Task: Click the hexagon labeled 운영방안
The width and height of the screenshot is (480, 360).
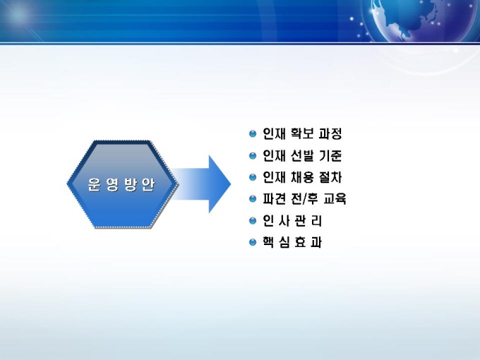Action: tap(122, 184)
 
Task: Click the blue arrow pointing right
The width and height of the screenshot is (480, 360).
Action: tap(200, 184)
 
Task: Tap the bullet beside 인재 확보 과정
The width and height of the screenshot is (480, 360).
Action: tap(253, 134)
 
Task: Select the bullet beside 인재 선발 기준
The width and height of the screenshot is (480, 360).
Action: tap(253, 156)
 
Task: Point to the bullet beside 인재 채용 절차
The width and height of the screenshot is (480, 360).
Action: tap(253, 177)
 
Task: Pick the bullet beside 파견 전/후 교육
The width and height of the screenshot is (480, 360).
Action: tap(253, 199)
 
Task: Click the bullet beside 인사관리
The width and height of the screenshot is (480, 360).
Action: tap(253, 221)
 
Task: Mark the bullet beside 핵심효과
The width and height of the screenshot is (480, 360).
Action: tap(253, 242)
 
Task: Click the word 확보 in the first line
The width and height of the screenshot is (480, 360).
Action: tap(302, 134)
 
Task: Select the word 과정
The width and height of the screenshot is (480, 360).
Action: tap(330, 134)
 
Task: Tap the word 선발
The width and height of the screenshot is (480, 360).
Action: tap(302, 156)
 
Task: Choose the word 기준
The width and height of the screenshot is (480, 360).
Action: tap(330, 156)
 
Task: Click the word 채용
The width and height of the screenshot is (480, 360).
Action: tap(302, 177)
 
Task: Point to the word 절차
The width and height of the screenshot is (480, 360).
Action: tap(330, 177)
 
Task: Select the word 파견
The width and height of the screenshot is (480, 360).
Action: tap(275, 199)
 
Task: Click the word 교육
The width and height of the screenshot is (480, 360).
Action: tap(335, 199)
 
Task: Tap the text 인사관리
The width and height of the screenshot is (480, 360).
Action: tap(292, 221)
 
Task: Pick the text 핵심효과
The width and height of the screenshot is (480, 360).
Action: tap(292, 242)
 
